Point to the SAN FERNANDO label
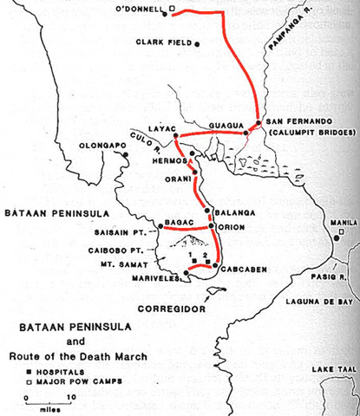coord(299,120)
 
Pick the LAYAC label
coord(161,127)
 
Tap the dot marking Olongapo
coord(126,154)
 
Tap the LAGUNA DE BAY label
coord(321,302)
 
